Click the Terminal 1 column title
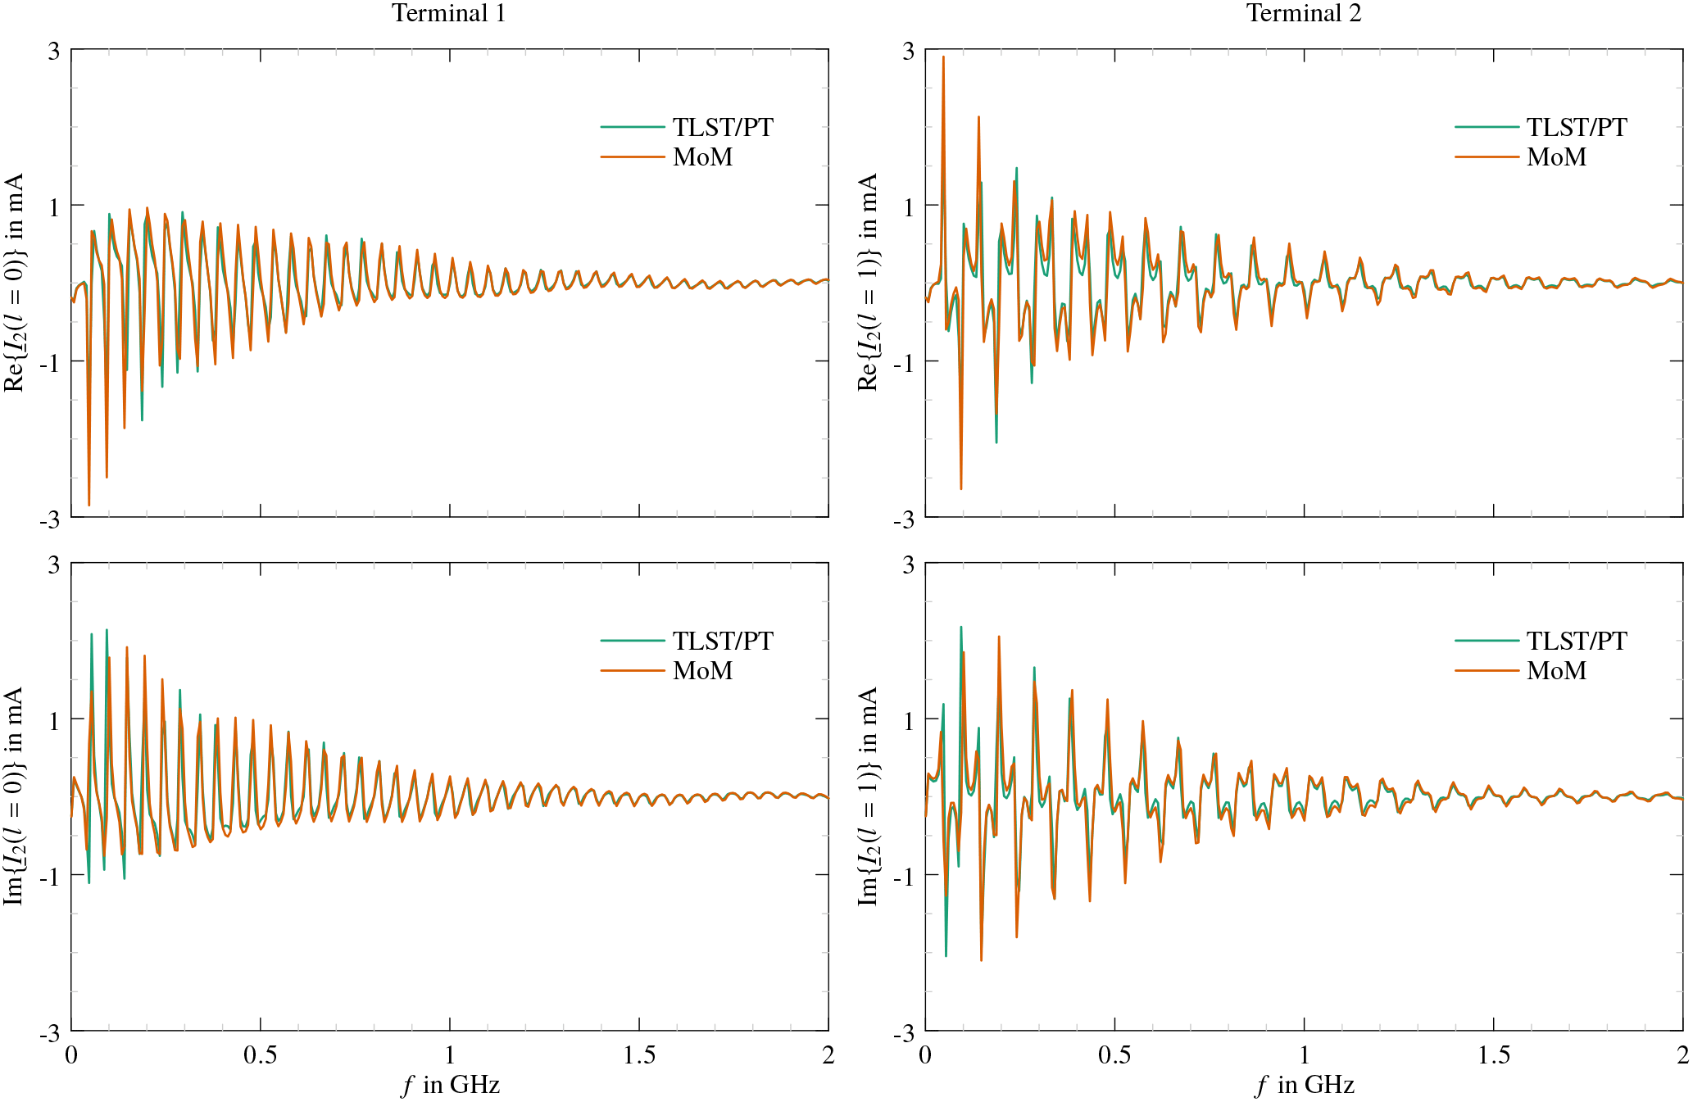coord(448,13)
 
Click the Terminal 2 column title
coord(1303,13)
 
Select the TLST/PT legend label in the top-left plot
coord(723,127)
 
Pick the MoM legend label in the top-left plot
coord(702,156)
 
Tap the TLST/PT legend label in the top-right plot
coord(1577,127)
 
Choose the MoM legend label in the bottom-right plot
coord(1556,670)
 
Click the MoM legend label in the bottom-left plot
coord(702,670)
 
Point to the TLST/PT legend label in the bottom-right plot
coord(1577,641)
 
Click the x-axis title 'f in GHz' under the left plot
coord(451,1085)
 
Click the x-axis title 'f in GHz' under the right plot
coord(1305,1085)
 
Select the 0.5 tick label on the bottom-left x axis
coord(260,1055)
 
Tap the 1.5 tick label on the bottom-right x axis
coord(1493,1055)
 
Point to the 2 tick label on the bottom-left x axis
coord(828,1055)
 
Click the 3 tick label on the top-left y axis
coord(54,51)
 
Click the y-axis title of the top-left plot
coord(15,283)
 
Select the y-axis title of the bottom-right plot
coord(869,796)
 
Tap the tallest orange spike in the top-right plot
coord(943,57)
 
